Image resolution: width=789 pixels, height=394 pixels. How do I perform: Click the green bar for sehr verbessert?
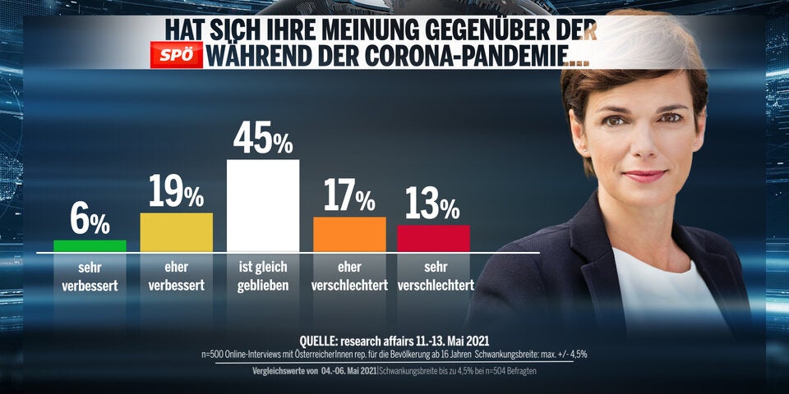coord(90,245)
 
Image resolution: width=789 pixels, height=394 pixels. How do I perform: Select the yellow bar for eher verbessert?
coord(177,232)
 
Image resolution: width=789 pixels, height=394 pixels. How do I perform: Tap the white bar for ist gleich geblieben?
coord(262,205)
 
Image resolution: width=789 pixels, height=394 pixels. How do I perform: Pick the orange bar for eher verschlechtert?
coord(349,234)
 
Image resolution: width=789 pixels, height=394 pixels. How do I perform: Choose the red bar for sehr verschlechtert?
coord(433,238)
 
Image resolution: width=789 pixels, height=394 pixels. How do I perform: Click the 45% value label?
coord(262,139)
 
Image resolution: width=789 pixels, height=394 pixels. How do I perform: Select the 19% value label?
coord(176,193)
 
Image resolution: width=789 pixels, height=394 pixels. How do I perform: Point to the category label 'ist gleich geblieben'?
coord(262,277)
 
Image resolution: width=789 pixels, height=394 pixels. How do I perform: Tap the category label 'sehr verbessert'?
coord(90,277)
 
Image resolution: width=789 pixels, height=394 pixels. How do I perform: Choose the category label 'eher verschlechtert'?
coord(349,277)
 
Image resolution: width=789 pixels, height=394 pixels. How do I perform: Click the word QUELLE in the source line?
coord(328,341)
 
